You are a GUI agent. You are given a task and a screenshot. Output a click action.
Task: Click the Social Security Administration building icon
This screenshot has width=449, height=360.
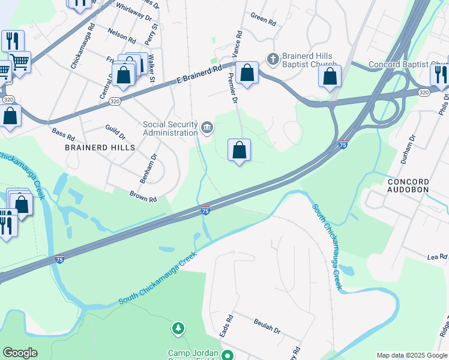click(x=207, y=127)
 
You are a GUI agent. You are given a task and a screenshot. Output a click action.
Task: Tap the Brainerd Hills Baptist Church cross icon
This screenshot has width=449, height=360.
click(x=272, y=58)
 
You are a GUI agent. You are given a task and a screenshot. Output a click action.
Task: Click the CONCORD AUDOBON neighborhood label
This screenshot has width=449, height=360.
click(x=408, y=185)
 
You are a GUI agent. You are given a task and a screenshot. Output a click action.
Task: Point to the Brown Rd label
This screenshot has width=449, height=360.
click(x=143, y=196)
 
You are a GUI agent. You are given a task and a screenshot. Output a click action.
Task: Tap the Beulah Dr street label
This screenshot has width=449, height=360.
click(x=267, y=330)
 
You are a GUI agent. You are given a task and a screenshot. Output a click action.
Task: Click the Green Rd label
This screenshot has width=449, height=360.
click(x=263, y=20)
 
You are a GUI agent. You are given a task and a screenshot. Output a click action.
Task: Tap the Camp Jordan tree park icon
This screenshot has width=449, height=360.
click(x=178, y=328)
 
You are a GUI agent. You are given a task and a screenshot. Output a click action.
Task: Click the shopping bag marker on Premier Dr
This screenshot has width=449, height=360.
click(x=239, y=150)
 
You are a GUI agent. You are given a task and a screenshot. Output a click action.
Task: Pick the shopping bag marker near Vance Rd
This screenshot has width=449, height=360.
click(x=247, y=73)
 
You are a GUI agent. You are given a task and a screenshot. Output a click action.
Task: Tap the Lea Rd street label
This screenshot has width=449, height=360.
click(x=438, y=257)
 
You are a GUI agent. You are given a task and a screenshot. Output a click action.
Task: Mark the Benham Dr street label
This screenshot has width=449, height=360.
click(x=152, y=164)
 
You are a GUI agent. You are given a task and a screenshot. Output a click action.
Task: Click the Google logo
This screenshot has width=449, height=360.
click(x=20, y=353)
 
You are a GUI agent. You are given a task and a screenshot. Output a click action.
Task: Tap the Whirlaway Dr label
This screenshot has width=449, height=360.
click(x=133, y=11)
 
